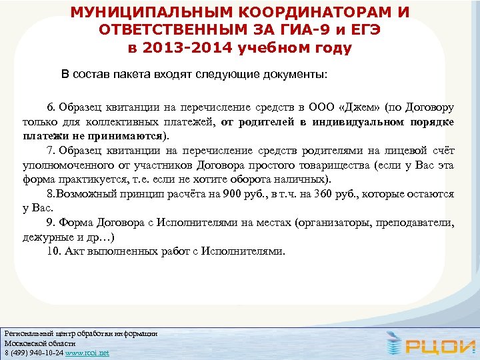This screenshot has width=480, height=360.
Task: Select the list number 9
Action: tap(50, 223)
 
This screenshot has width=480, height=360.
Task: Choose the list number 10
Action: tap(53, 252)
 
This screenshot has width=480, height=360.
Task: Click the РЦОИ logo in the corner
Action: tap(428, 344)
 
